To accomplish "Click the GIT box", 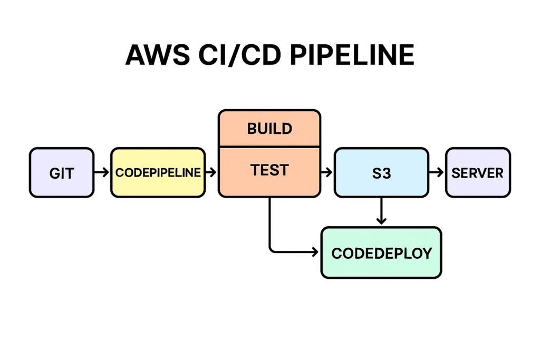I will pyautogui.click(x=61, y=173).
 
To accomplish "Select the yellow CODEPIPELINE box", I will pyautogui.click(x=158, y=173).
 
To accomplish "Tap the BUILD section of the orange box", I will pyautogui.click(x=269, y=128).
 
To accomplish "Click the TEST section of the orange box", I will pyautogui.click(x=269, y=171).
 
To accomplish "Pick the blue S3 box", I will pyautogui.click(x=381, y=173).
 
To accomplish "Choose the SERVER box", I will pyautogui.click(x=478, y=173).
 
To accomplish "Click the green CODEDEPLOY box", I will pyautogui.click(x=381, y=252).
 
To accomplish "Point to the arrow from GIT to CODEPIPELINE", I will pyautogui.click(x=102, y=172).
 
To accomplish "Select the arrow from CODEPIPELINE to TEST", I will pyautogui.click(x=211, y=172).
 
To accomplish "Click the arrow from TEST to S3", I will pyautogui.click(x=327, y=172).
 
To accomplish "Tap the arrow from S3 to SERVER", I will pyautogui.click(x=436, y=172).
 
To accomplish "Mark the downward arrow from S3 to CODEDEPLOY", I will pyautogui.click(x=381, y=211).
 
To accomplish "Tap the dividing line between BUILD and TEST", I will pyautogui.click(x=269, y=147).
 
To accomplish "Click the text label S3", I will pyautogui.click(x=381, y=173).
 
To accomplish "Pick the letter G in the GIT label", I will pyautogui.click(x=54, y=173).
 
